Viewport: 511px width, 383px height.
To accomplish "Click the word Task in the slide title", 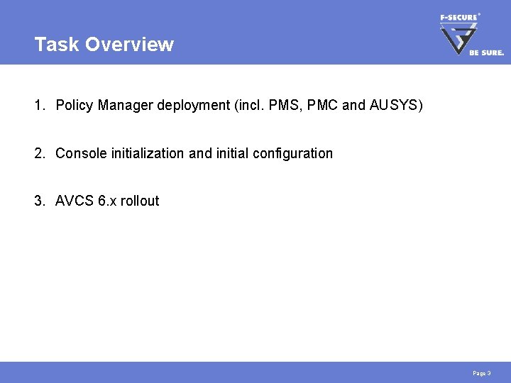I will (x=57, y=44).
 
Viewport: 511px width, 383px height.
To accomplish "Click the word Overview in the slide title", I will (x=129, y=44).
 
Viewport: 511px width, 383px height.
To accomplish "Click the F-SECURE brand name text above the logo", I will (x=459, y=16).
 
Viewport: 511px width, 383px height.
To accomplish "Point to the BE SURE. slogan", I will (x=486, y=52).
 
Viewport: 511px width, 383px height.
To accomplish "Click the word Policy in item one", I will (x=75, y=106).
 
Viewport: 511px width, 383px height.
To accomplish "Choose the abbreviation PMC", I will (x=321, y=106).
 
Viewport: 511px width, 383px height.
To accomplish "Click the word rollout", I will (x=140, y=201).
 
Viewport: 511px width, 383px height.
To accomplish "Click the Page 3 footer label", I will (x=481, y=373).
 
